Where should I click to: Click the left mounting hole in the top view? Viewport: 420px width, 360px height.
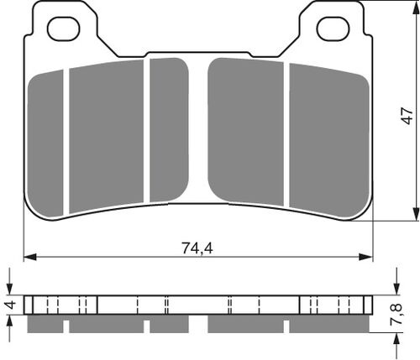[63, 29]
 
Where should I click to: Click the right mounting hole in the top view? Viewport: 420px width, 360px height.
[332, 29]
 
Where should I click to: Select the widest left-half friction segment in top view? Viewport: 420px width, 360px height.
[107, 134]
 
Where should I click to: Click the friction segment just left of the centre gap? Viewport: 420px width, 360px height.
[168, 130]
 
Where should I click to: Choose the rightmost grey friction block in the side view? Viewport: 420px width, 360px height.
[336, 324]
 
